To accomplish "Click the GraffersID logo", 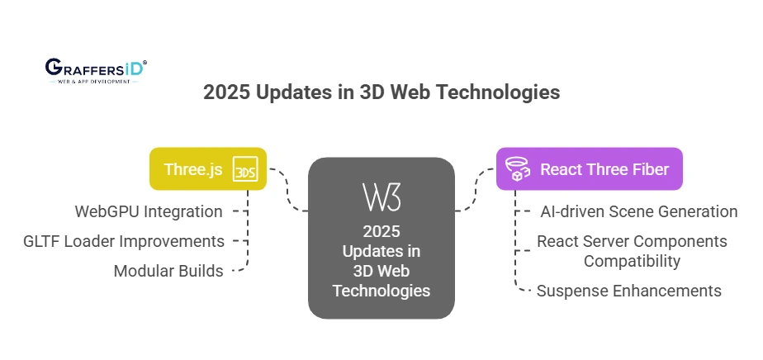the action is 96,71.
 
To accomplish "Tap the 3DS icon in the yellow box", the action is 244,168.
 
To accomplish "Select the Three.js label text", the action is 193,169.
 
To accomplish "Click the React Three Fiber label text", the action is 604,169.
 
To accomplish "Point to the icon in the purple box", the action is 517,168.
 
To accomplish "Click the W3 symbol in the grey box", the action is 381,197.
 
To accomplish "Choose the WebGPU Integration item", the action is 149,211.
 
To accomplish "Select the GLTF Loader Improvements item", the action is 124,241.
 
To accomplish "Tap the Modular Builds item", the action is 168,271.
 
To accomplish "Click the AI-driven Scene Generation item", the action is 639,211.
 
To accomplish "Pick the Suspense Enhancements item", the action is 628,291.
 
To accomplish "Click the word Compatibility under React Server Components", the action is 632,261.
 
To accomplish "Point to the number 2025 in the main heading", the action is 227,92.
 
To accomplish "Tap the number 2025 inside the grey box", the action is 381,231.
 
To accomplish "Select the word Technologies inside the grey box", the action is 381,291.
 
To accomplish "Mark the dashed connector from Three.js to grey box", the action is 287,190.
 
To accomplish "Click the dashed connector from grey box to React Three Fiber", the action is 476,190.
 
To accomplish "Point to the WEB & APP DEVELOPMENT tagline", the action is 94,81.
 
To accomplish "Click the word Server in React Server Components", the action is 607,241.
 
